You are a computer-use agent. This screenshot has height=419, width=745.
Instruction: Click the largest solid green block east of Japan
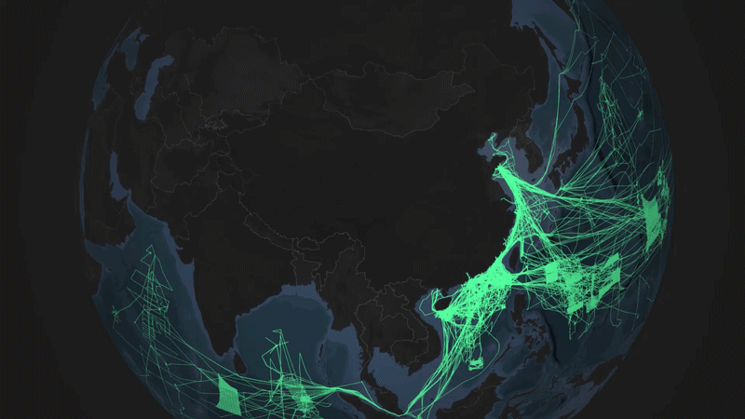coord(655,212)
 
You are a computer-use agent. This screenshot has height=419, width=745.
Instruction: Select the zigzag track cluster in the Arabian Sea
coord(149,279)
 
